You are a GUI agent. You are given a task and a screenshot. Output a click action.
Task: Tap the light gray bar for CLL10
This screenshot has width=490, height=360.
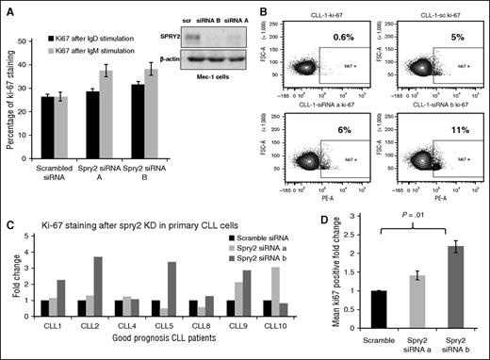274,297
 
